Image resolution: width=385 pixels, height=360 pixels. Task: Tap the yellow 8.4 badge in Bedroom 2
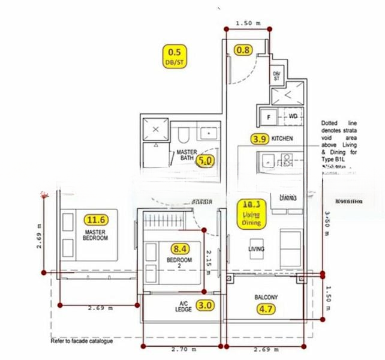click(x=180, y=248)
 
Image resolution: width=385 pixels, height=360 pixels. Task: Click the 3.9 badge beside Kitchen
click(x=260, y=139)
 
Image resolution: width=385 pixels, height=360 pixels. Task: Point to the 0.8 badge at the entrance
click(x=243, y=50)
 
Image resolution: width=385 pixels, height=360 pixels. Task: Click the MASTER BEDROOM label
click(x=96, y=235)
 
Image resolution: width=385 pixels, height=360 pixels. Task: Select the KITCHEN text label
click(x=282, y=139)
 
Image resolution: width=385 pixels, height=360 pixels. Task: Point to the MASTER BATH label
click(x=187, y=157)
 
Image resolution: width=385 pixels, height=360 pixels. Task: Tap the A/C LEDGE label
click(x=184, y=306)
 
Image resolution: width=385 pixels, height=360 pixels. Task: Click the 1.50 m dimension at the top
click(x=248, y=23)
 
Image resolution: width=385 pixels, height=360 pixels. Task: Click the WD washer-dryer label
click(x=293, y=116)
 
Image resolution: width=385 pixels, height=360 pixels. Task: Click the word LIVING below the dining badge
click(x=257, y=248)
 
